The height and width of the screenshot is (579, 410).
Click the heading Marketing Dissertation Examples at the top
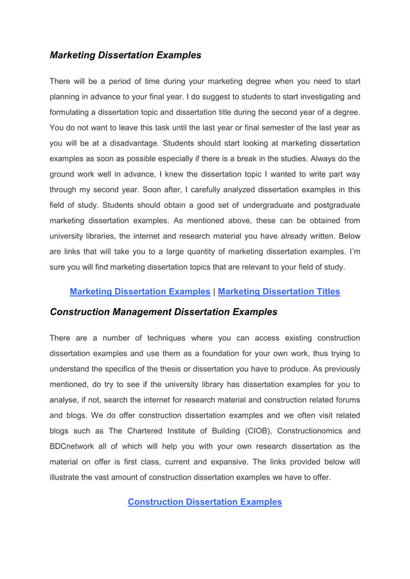pos(125,55)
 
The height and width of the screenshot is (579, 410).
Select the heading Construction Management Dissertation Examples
pos(163,312)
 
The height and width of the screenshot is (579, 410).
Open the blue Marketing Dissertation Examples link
pos(139,291)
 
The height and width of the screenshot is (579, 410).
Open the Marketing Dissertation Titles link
pos(279,291)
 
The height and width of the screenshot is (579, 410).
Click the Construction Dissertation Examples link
pos(204,501)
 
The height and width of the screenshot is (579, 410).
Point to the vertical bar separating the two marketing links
pos(214,291)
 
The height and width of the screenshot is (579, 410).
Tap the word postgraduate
pos(334,204)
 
